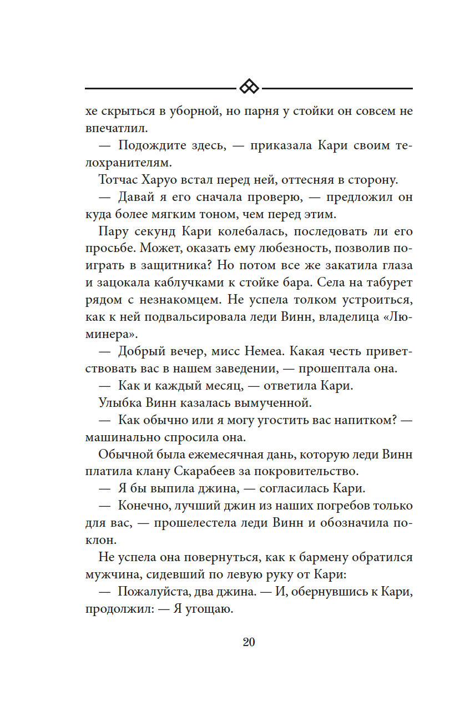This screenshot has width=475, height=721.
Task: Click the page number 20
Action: (249, 642)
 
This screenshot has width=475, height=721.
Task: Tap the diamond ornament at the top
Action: (249, 88)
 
